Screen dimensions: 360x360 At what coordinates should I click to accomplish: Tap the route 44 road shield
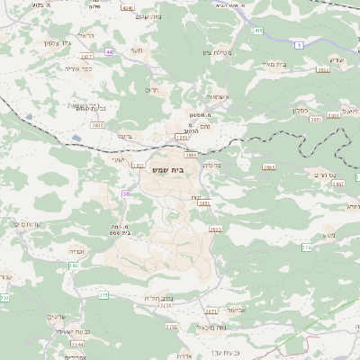[x=108, y=52]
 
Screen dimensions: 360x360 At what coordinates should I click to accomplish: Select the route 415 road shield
[x=258, y=31]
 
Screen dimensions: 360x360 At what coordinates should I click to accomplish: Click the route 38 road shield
[x=125, y=193]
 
